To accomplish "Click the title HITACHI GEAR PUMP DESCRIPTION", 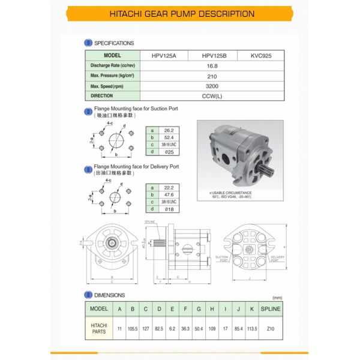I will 179,14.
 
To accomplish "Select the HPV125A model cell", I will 165,55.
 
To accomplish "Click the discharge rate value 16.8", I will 212,65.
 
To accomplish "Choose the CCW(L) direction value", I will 212,96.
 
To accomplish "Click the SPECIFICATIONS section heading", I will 113,43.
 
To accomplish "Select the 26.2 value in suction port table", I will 170,130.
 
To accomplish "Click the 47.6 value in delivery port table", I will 170,195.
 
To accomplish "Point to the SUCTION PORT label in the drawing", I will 221,259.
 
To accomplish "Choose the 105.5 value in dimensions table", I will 133,328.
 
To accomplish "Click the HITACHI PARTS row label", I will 98,328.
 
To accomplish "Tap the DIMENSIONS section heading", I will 109,295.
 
